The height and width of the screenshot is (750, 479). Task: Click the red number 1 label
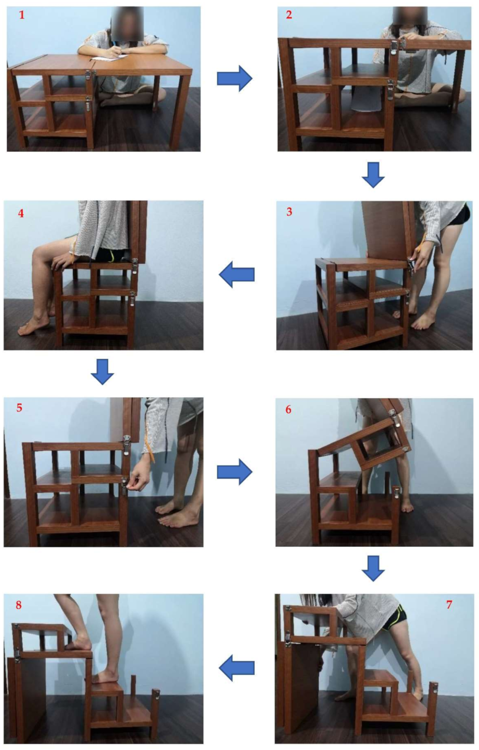click(22, 15)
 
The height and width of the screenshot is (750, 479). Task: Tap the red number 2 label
click(289, 15)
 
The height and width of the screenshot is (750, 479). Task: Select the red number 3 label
click(289, 212)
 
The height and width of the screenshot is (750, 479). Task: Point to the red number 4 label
click(21, 213)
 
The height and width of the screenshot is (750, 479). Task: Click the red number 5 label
click(19, 408)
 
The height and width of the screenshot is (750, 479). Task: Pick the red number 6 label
click(289, 410)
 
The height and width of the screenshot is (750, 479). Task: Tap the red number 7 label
click(449, 605)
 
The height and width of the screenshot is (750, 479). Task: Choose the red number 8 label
click(19, 605)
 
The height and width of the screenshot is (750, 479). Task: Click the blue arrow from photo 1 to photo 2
click(235, 78)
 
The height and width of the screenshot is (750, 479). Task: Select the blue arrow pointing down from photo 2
click(373, 175)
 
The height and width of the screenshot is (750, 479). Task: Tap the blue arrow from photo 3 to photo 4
click(237, 275)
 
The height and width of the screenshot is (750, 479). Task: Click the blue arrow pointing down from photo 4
click(102, 372)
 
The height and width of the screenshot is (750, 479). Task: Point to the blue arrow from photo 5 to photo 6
click(235, 472)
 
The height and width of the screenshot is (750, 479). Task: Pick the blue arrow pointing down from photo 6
click(373, 568)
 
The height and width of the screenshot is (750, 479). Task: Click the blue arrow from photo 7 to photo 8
click(237, 668)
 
